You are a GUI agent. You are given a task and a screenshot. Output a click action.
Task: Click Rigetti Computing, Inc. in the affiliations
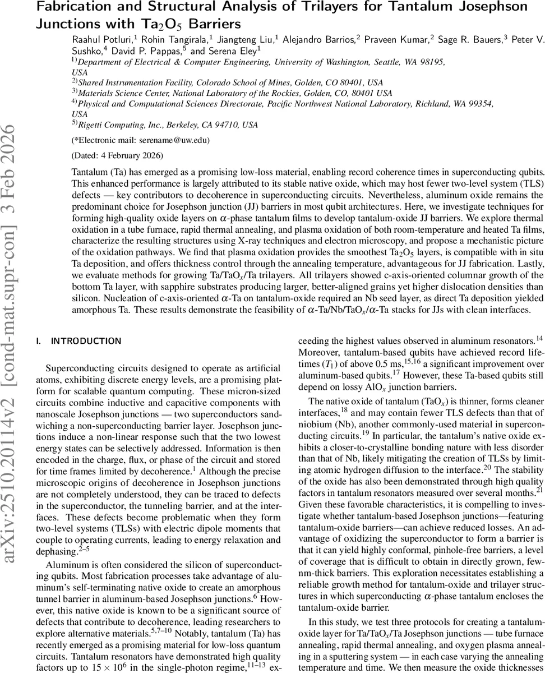(x=118, y=125)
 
